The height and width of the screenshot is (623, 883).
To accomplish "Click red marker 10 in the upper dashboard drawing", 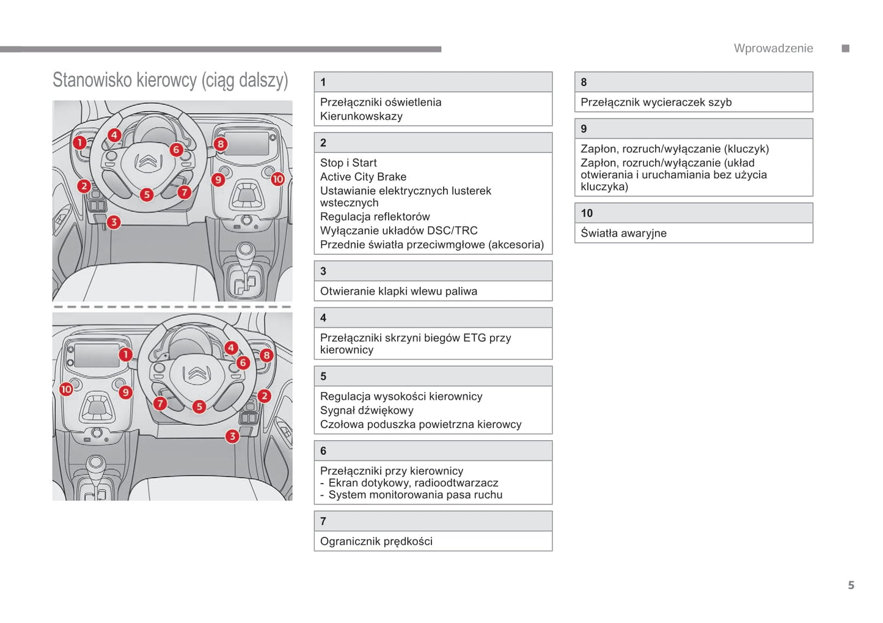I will pos(277,179).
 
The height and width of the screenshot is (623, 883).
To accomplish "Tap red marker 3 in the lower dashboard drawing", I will pos(232,436).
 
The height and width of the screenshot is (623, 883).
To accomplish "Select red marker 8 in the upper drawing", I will pos(220,144).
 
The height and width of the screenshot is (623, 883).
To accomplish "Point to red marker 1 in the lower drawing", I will pos(125,355).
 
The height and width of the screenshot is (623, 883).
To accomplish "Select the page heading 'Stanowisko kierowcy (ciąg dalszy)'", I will pos(170,80).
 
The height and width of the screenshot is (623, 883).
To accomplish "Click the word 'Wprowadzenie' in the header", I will pos(773,48).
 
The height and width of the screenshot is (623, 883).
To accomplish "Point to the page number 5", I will pos(851,585).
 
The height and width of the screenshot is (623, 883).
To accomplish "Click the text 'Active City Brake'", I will pos(363,177).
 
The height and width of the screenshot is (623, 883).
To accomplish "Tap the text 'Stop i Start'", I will pos(348,163).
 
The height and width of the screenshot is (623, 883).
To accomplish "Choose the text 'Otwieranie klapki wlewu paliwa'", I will pos(398,291).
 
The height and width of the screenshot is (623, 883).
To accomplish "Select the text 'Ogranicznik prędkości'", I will pos(376,541).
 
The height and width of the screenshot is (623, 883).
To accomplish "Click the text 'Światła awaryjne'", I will pos(623,233).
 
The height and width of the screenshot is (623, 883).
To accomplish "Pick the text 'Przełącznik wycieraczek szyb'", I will pos(656,102).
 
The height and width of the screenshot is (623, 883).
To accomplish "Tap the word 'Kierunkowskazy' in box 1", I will pos(361,116).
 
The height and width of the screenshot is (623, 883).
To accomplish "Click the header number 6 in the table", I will pos(323,451).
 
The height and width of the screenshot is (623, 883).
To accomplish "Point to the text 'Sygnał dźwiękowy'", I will pos(367,410).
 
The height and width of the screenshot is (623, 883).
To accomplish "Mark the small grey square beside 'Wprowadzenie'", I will pos(846,48).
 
